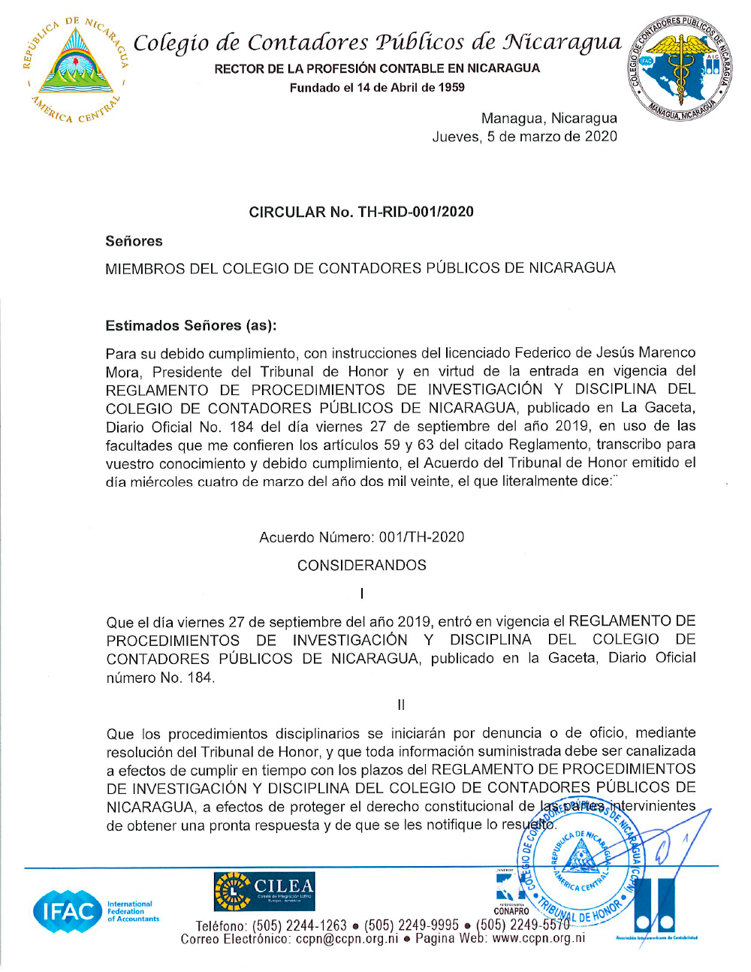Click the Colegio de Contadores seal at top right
680,68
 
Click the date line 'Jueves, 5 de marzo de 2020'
524,137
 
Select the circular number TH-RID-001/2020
415,212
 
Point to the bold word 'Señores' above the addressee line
134,241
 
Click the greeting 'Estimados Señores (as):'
191,325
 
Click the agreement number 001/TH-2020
421,537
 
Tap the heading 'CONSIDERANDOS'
361,565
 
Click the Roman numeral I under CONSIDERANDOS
362,593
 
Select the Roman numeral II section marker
401,705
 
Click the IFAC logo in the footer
68,911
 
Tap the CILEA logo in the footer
264,891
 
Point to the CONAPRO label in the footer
511,911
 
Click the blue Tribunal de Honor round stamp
581,864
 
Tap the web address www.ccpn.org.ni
538,938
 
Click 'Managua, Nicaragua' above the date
549,118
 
